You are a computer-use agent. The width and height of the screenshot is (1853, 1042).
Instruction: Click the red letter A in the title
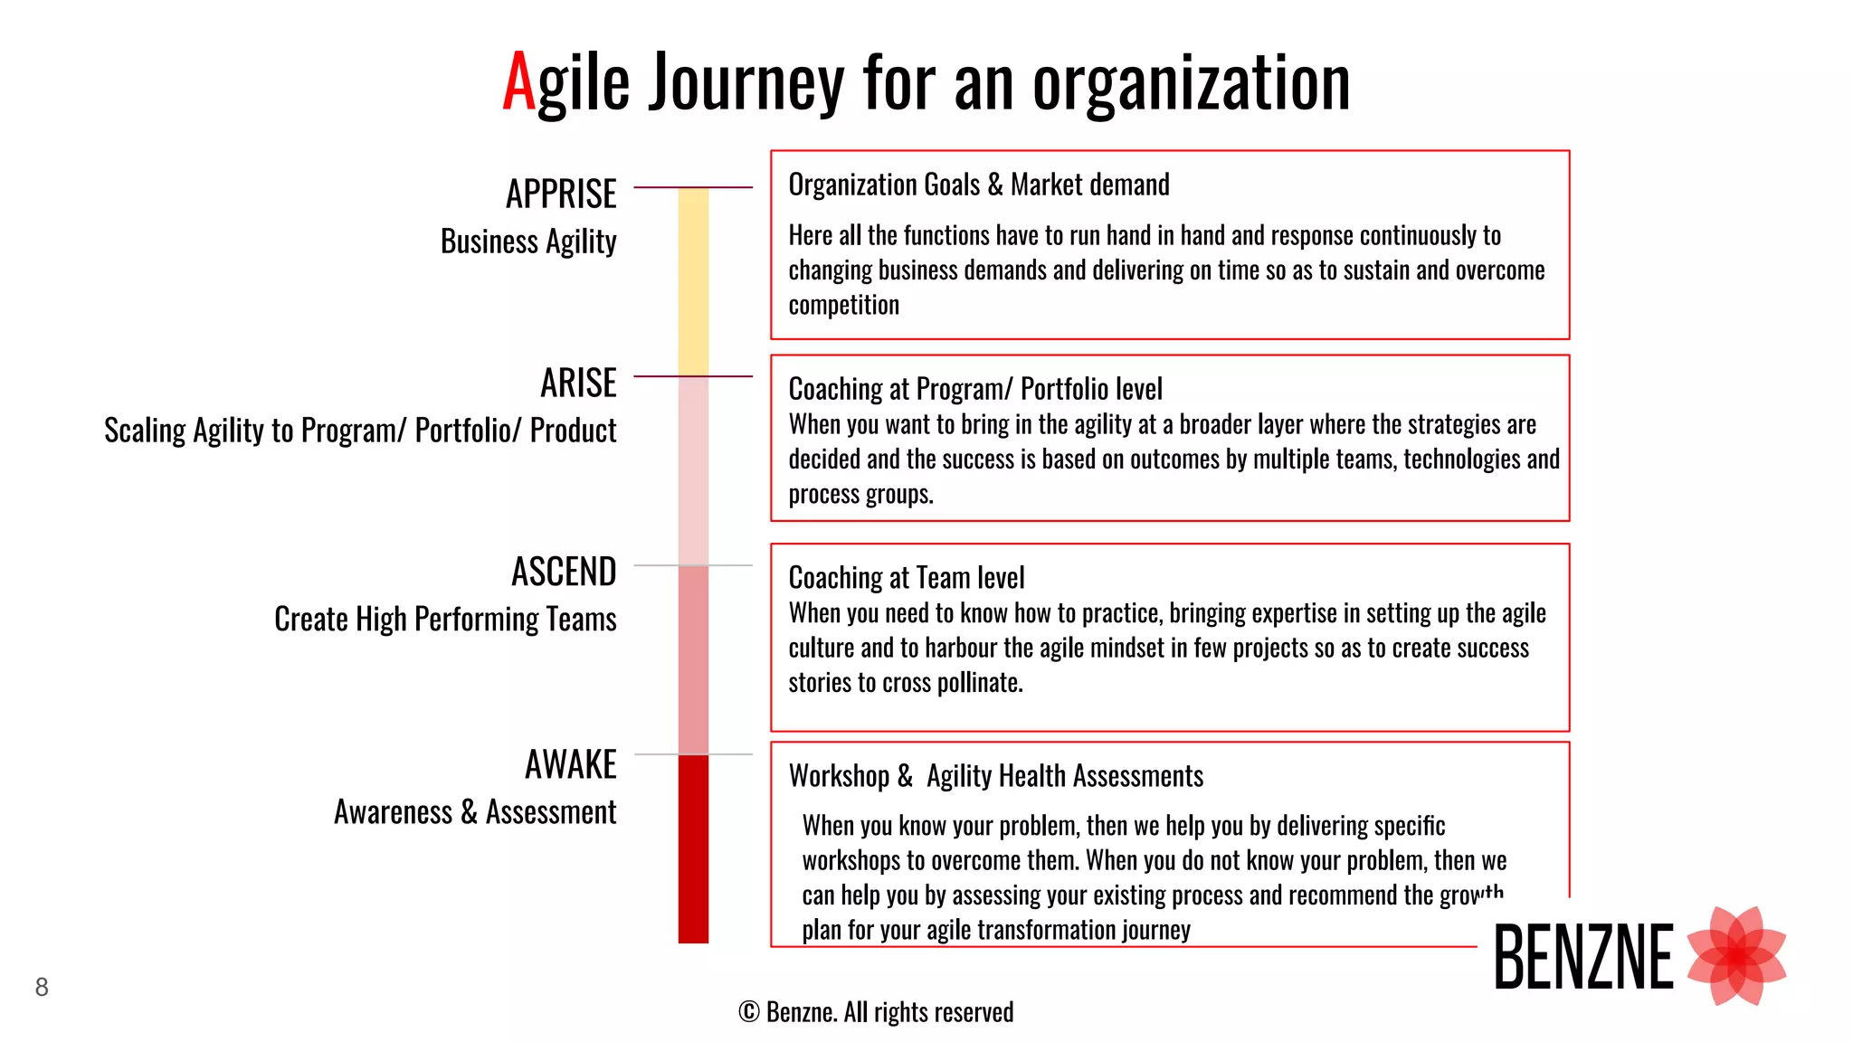pos(519,83)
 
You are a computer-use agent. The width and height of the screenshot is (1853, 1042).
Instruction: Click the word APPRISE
pos(561,194)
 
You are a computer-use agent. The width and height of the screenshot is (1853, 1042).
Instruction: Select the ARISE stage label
pos(578,384)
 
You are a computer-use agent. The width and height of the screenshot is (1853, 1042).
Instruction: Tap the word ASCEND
pos(564,573)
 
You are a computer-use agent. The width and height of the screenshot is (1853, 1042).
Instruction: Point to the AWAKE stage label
pos(570,765)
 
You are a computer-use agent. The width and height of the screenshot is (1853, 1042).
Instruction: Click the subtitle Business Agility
pos(528,242)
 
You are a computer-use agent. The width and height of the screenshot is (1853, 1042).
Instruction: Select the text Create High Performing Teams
pos(445,620)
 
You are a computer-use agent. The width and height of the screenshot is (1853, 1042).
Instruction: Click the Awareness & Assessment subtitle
pos(475,812)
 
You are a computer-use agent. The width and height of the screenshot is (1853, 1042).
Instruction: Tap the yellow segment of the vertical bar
pos(693,280)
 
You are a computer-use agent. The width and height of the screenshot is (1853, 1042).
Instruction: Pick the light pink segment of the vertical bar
pos(693,470)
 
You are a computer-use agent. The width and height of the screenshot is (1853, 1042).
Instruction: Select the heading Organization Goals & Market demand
pos(979,185)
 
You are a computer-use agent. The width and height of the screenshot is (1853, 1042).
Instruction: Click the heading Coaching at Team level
pos(907,578)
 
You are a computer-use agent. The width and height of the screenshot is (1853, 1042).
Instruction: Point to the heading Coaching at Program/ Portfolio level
pos(975,390)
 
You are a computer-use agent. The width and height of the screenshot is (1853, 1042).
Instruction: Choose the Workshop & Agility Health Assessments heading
pos(995,776)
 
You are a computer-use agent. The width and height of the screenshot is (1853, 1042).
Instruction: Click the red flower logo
pos(1736,956)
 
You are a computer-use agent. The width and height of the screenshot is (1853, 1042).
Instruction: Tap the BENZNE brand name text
pos(1583,957)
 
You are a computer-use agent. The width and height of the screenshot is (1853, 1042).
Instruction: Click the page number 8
pos(42,987)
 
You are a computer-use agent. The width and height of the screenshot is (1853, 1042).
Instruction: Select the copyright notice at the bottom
pos(876,1012)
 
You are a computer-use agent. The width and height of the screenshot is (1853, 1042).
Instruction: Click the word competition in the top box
pos(843,306)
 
